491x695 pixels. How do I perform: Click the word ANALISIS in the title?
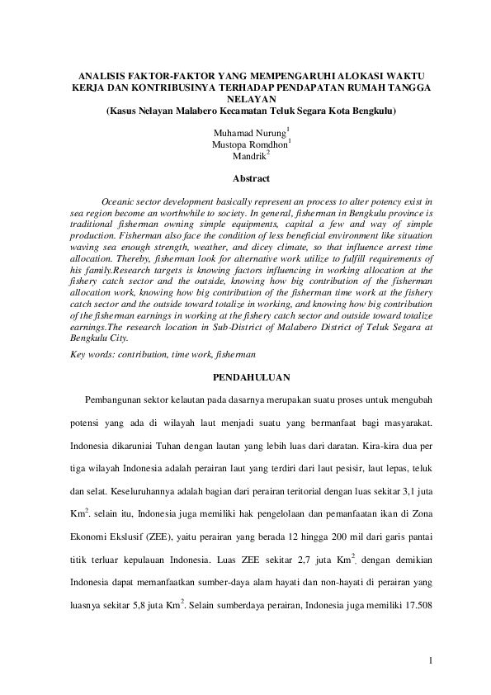pos(92,73)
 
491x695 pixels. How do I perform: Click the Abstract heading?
pos(251,177)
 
